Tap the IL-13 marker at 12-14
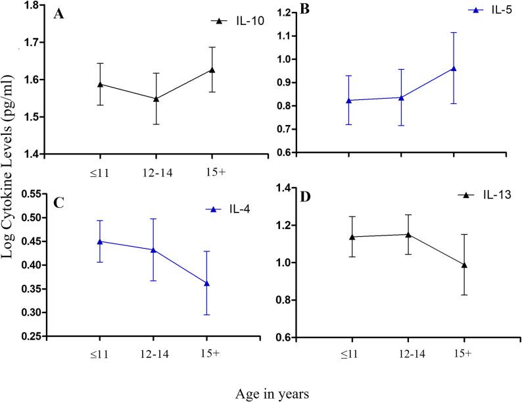408,234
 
